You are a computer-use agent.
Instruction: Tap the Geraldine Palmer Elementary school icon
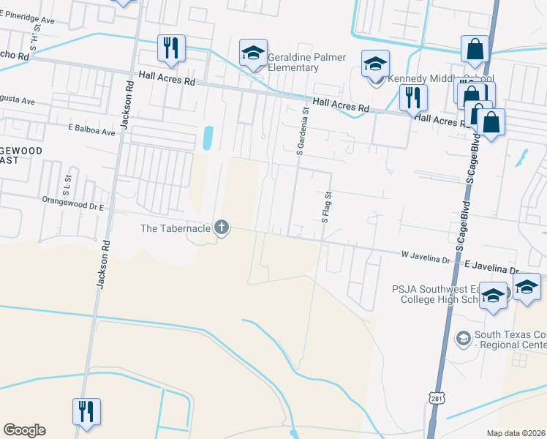[x=253, y=53]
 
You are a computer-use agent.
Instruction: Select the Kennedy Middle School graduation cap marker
[x=375, y=64]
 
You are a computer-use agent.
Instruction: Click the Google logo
[x=24, y=430]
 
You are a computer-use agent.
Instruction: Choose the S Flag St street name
[x=327, y=207]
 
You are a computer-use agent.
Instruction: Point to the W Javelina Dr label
[x=425, y=258]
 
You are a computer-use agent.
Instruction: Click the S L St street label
[x=68, y=181]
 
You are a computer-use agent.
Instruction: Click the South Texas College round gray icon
[x=463, y=339]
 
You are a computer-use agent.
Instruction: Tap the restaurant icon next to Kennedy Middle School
[x=413, y=97]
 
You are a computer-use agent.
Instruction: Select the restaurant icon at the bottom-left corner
[x=86, y=412]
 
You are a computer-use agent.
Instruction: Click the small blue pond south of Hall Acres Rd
[x=208, y=137]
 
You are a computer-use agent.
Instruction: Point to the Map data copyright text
[x=516, y=432]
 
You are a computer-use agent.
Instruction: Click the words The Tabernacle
[x=176, y=228]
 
